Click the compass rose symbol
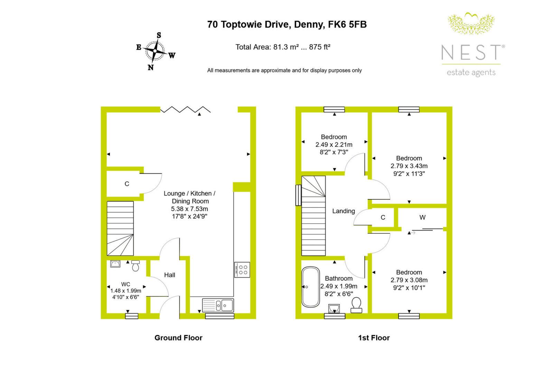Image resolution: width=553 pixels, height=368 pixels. [155, 51]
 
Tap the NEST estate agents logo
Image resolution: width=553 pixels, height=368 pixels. [473, 45]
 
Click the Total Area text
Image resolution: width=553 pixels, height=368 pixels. [283, 47]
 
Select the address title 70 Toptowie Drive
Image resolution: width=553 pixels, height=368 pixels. [287, 25]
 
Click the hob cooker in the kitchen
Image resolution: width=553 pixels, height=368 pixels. [242, 270]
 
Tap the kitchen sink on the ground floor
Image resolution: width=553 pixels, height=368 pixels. [218, 306]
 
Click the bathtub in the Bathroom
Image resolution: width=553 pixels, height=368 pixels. [311, 287]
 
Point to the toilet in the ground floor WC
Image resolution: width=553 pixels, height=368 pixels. [135, 265]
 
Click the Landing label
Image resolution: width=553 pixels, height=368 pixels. [344, 211]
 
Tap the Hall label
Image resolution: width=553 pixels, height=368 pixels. [170, 275]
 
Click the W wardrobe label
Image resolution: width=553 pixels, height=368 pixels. [422, 217]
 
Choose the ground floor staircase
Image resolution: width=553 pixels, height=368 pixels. [120, 229]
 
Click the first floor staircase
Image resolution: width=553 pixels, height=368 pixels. [313, 215]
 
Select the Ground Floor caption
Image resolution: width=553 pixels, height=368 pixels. [178, 338]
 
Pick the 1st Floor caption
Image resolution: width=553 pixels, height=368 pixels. [374, 338]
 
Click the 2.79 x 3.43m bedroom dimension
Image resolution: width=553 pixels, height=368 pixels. [409, 166]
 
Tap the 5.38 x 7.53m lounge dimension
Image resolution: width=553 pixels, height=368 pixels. [190, 209]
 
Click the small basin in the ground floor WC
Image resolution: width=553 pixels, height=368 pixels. [115, 264]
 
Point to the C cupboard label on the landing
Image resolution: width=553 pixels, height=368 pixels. [383, 217]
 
